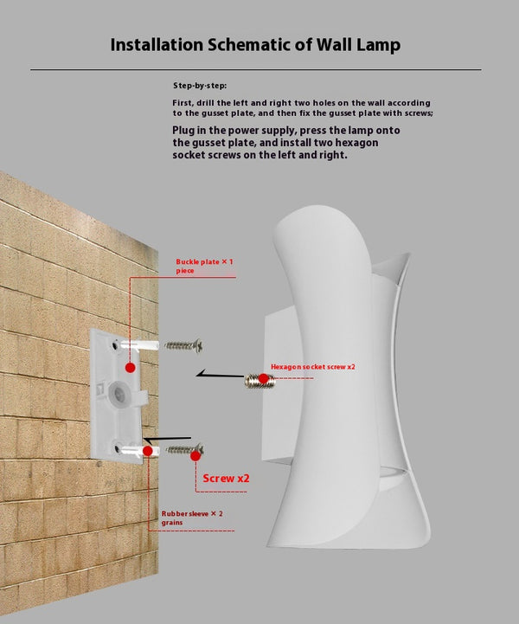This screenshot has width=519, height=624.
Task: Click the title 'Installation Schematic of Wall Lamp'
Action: tap(255, 45)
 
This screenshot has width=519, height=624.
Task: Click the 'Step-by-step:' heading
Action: tap(200, 86)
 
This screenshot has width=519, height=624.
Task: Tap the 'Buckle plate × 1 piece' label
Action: tap(204, 266)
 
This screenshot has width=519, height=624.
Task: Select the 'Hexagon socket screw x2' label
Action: tap(313, 366)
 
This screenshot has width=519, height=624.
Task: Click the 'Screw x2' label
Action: tap(226, 478)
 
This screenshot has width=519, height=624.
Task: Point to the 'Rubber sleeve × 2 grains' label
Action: tap(192, 518)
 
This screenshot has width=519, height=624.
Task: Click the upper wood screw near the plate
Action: tap(183, 345)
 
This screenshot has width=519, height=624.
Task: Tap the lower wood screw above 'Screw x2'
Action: tap(185, 450)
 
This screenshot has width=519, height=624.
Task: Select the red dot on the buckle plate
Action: tap(130, 368)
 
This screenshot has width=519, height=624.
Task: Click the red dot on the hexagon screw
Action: tap(263, 378)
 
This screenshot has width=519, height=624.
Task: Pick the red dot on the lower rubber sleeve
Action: tap(148, 451)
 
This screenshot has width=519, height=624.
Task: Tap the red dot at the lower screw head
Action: tap(195, 455)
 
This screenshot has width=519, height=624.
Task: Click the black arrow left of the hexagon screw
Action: tap(220, 375)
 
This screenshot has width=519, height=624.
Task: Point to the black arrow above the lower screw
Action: tap(167, 440)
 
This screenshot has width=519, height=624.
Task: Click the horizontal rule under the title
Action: tap(256, 69)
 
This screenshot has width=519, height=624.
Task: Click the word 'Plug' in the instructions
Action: tap(183, 131)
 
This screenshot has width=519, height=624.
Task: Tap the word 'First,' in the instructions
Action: tap(183, 103)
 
